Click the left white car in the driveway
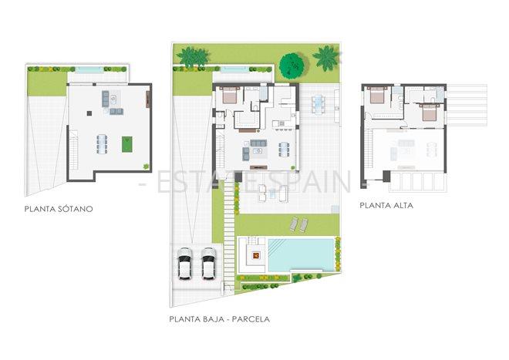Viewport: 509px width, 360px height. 185,263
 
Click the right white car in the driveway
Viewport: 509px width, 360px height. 208,263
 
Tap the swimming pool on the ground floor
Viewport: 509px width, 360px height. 301,254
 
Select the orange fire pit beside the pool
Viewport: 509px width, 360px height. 254,252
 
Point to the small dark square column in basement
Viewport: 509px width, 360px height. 91,113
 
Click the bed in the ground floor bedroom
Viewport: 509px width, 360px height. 229,96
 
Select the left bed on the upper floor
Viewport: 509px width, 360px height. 376,95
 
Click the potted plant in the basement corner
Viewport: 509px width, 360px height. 147,165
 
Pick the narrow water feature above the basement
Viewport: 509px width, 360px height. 90,70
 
